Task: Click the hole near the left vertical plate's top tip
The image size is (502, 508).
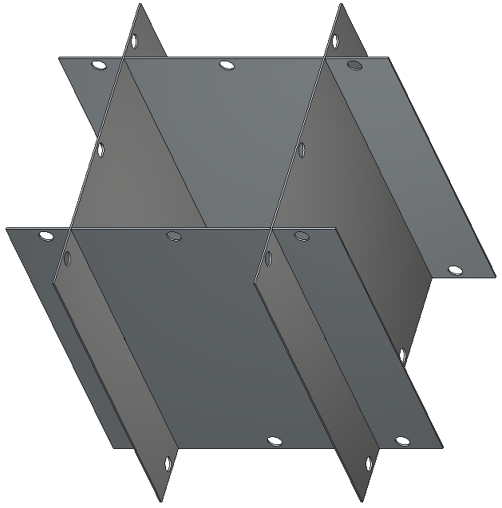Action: tap(134, 40)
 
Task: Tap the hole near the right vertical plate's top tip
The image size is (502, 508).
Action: tap(335, 40)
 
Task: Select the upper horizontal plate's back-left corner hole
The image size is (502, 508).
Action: tap(99, 65)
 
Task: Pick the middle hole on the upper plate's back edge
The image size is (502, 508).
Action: tap(227, 64)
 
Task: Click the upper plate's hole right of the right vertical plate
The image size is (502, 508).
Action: tap(355, 65)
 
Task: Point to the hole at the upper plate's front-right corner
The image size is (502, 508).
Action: tap(455, 270)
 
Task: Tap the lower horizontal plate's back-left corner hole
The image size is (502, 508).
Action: tap(46, 236)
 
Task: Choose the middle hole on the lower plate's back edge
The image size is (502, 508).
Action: tap(173, 235)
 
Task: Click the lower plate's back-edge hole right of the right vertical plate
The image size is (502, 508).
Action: tap(302, 235)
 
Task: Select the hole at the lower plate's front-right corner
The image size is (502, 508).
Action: tap(402, 441)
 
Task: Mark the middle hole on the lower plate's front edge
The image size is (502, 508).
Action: tap(275, 441)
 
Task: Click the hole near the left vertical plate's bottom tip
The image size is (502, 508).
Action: tap(168, 463)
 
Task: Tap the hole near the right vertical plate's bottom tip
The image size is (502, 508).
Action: tap(369, 463)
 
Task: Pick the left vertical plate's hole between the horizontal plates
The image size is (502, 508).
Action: tap(101, 149)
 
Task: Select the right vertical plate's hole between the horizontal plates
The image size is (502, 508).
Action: tap(302, 149)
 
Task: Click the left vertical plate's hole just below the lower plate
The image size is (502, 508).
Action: tap(67, 258)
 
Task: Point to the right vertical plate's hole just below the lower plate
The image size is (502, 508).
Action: tap(268, 258)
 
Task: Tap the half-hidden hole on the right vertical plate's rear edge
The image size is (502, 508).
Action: tap(402, 355)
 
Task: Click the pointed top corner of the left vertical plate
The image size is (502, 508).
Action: tap(139, 3)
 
